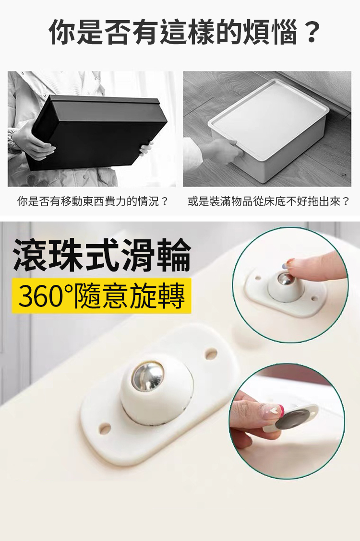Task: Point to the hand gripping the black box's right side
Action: (145, 148)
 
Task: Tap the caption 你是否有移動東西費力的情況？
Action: (93, 201)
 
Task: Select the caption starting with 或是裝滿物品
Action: (269, 201)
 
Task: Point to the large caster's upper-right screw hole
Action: (211, 354)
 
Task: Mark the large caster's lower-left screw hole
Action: (104, 428)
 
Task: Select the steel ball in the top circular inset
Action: (286, 280)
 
